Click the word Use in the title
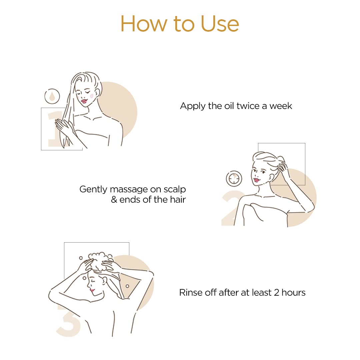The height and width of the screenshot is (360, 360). pos(220,24)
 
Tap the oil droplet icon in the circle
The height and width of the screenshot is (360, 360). pos(52,96)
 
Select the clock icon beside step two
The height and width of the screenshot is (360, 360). pos(234,178)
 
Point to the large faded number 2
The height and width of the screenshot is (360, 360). pos(231,208)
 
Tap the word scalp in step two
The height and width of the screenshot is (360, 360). pos(174,189)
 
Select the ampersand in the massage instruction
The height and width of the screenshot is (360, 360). pos(114,200)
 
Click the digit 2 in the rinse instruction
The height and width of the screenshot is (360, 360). pos(277,293)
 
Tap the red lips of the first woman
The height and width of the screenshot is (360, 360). pos(84,101)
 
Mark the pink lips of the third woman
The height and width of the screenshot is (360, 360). pos(92,290)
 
